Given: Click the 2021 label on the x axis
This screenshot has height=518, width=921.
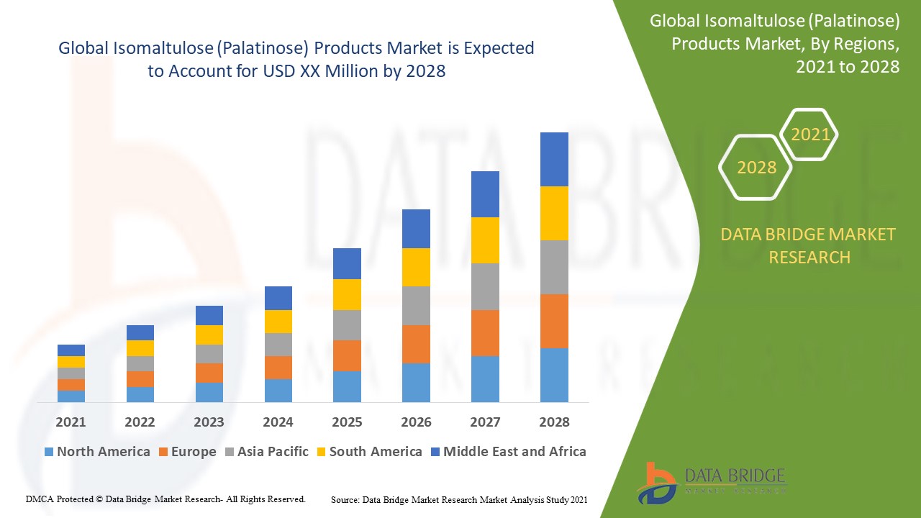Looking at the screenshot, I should coord(71,422).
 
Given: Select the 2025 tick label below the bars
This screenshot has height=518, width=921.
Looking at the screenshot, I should coord(347,422).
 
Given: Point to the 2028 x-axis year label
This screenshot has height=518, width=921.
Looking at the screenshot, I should coord(554,422).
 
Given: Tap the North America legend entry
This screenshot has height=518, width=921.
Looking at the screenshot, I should coord(97,452).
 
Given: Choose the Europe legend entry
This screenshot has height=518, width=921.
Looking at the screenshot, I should coord(186,452).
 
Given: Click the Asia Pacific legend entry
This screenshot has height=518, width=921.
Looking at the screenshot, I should coord(266,452).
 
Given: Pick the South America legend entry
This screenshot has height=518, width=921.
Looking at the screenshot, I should coord(368,452).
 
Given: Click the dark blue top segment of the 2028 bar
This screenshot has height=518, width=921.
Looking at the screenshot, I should coord(554,159).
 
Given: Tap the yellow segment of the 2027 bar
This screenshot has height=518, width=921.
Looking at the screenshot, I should coord(485,240).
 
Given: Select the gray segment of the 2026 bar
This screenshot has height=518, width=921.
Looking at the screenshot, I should coord(416,305).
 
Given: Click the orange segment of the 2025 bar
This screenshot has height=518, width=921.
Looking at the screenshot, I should coord(347,355).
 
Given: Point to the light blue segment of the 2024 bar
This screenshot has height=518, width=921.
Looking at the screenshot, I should coord(278,390).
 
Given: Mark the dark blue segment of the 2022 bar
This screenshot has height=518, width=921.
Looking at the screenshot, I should coord(140,332).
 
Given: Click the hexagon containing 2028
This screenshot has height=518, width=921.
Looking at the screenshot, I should coord(756,168).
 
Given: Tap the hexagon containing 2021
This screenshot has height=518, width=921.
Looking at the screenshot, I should coord(809,135).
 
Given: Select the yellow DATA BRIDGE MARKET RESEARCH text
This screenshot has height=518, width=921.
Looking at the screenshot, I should coord(809,245).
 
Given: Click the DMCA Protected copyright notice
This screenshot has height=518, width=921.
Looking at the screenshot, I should coord(165,499).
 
